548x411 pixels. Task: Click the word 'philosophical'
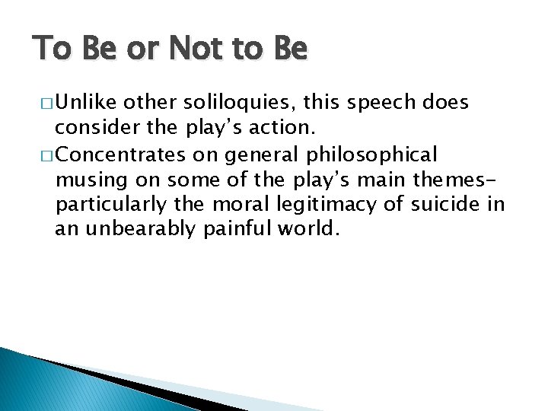pyautogui.click(x=372, y=155)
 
